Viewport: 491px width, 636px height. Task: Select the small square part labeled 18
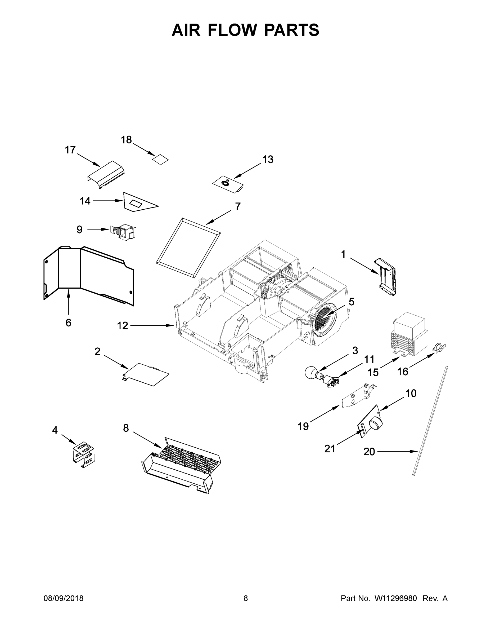[x=161, y=159]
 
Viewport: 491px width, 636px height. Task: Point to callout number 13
[x=268, y=160]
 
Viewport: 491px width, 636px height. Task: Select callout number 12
[x=123, y=326]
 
